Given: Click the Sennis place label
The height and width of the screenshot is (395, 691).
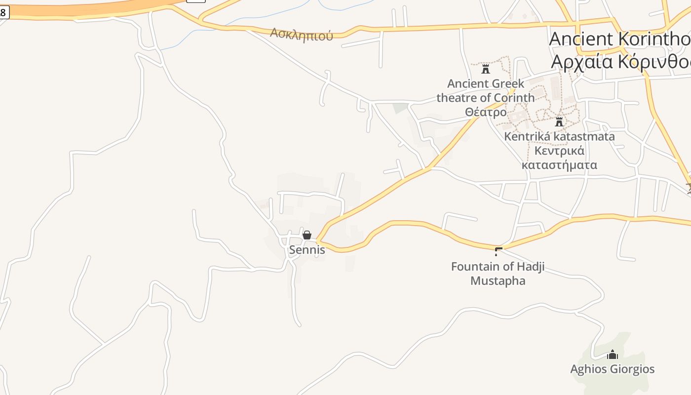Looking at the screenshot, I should point(307,250).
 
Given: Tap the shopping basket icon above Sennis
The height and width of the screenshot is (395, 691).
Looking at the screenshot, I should point(307,235).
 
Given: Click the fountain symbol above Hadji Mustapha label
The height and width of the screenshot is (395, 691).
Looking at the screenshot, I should point(498,251).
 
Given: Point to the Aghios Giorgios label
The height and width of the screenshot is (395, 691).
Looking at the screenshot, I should point(612,369).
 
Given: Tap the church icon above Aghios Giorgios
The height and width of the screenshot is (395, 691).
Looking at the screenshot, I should point(613,355).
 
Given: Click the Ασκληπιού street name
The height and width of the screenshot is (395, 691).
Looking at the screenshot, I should point(301,35).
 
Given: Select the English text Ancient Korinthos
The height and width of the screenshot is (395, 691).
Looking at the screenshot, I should point(619,39).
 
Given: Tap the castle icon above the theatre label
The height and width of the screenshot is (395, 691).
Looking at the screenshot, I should point(486,69).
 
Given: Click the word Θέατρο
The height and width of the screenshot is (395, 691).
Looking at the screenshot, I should point(486,112).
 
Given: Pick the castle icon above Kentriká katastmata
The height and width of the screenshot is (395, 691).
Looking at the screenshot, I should point(559,121).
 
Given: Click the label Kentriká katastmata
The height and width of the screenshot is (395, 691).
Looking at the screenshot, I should point(559,136).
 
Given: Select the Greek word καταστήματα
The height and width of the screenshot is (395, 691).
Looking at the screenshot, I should point(559,165).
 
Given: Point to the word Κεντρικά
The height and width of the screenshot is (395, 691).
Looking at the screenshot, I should point(559,151).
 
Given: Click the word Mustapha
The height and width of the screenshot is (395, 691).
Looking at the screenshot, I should point(498,281).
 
